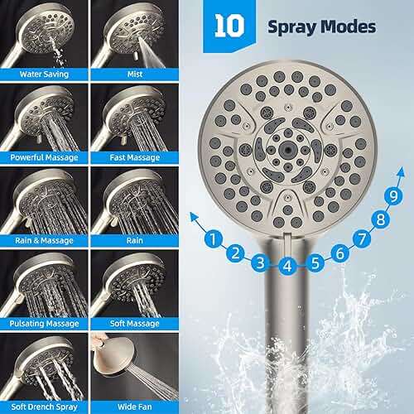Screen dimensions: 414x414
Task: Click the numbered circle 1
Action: (x=214, y=241)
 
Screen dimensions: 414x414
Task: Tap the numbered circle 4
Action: (x=287, y=267)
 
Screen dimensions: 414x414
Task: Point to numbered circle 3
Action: (x=261, y=263)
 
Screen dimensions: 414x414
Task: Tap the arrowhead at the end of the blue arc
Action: (x=194, y=217)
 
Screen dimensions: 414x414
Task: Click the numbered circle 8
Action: (x=381, y=219)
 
